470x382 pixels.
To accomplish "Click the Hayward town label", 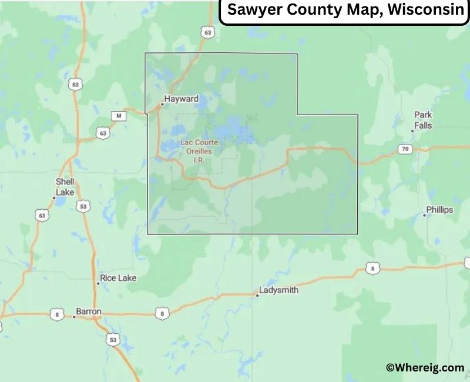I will [182, 99].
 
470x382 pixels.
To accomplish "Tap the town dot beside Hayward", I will [162, 105].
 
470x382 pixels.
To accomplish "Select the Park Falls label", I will [423, 120].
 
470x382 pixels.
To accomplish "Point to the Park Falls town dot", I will [412, 131].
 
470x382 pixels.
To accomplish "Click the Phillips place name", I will [440, 210].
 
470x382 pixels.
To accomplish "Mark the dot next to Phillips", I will [424, 215].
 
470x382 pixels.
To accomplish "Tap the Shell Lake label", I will [65, 187].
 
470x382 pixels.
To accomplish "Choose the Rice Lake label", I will [117, 278].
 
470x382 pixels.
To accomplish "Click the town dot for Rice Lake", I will [98, 283].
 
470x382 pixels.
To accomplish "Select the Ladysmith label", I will [279, 290].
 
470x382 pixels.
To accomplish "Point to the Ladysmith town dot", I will [257, 295].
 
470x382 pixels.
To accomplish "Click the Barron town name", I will [89, 311].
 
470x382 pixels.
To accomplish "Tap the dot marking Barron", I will [74, 317].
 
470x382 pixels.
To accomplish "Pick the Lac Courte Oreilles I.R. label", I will [196, 150].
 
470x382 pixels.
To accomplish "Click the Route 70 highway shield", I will [405, 149].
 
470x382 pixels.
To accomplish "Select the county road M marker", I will [119, 116].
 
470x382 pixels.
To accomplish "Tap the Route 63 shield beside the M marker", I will [103, 133].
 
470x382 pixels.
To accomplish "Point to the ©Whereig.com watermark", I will [425, 367].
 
